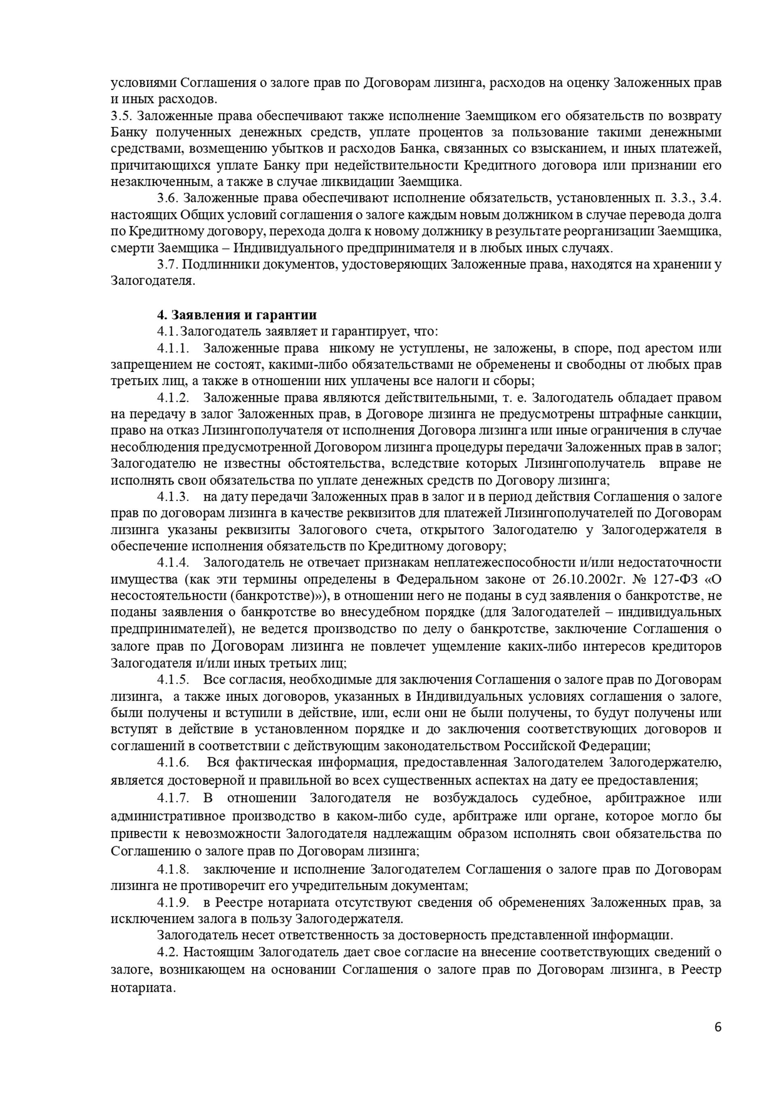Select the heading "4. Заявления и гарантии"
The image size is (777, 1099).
point(237,315)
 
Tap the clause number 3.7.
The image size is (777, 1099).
point(167,265)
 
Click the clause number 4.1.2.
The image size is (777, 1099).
point(173,398)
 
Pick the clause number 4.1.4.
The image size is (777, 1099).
point(173,563)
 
